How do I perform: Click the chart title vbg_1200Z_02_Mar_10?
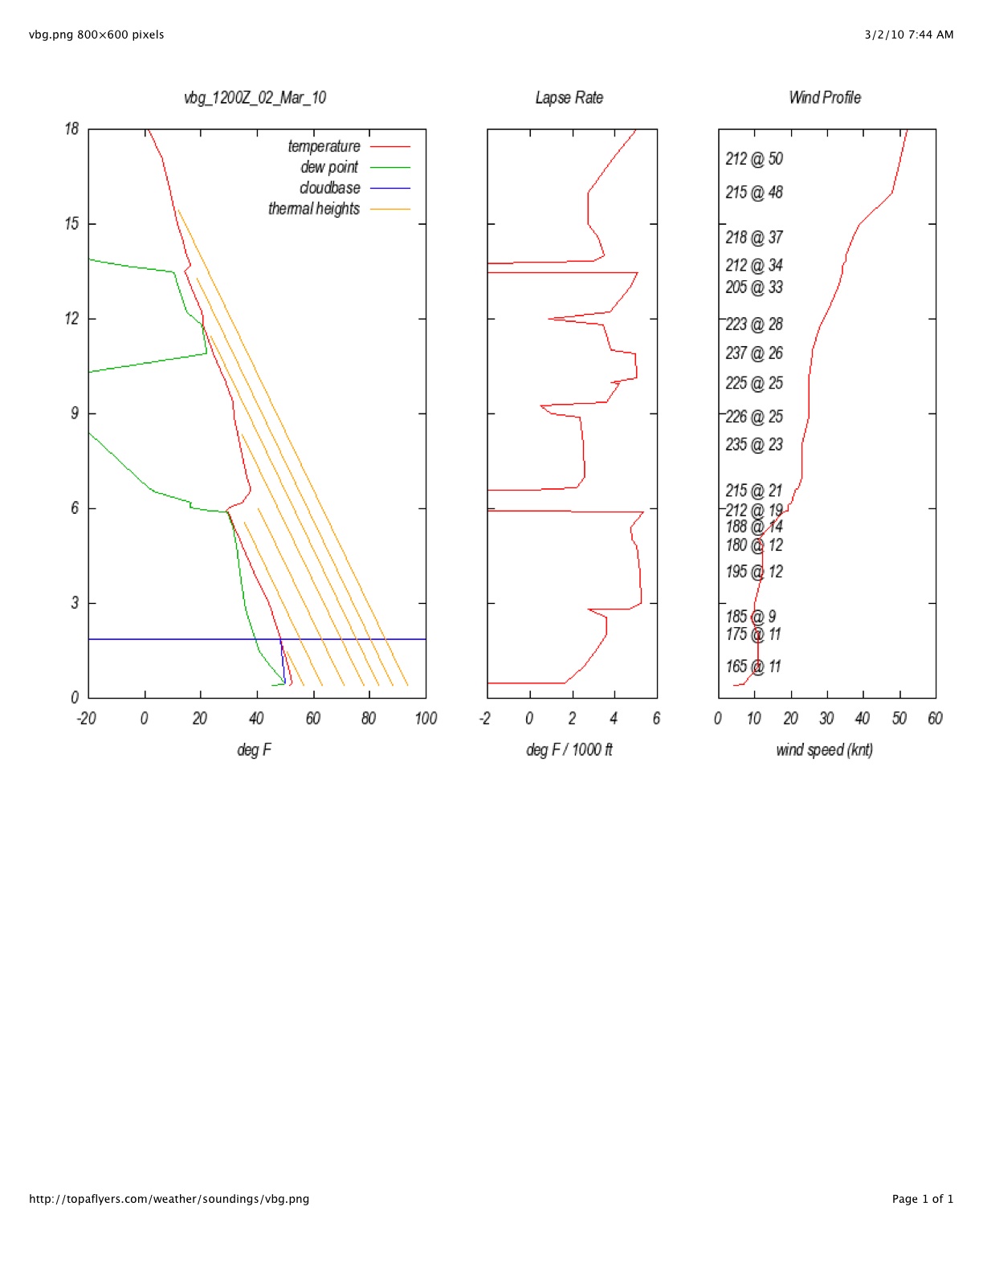pyautogui.click(x=255, y=98)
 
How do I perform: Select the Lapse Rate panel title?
pyautogui.click(x=569, y=98)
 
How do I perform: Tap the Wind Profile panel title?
pyautogui.click(x=825, y=98)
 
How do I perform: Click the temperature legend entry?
pyautogui.click(x=324, y=146)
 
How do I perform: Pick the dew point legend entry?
pyautogui.click(x=329, y=167)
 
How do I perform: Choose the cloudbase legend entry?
pyautogui.click(x=329, y=188)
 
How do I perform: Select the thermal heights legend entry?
pyautogui.click(x=314, y=209)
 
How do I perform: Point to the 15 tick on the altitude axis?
pyautogui.click(x=72, y=224)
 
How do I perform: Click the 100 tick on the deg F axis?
pyautogui.click(x=426, y=718)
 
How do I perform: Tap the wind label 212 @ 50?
pyautogui.click(x=753, y=159)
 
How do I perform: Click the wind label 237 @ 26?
pyautogui.click(x=753, y=353)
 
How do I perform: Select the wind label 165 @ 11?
pyautogui.click(x=753, y=667)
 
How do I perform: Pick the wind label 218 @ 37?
pyautogui.click(x=753, y=238)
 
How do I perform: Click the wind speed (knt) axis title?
pyautogui.click(x=824, y=750)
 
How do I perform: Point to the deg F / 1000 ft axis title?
pyautogui.click(x=569, y=750)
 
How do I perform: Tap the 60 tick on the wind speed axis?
pyautogui.click(x=935, y=718)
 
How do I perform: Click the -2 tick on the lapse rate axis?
pyautogui.click(x=485, y=718)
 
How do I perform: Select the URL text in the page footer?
pyautogui.click(x=169, y=1199)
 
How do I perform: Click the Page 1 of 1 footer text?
pyautogui.click(x=923, y=1199)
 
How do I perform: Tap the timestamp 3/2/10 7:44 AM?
pyautogui.click(x=909, y=35)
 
